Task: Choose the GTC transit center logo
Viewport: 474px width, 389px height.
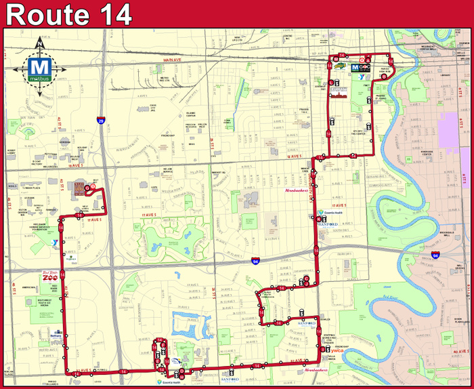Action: coord(364,68)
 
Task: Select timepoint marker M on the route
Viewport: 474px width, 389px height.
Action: coord(336,59)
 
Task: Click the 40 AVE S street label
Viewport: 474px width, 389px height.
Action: coord(461,352)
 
